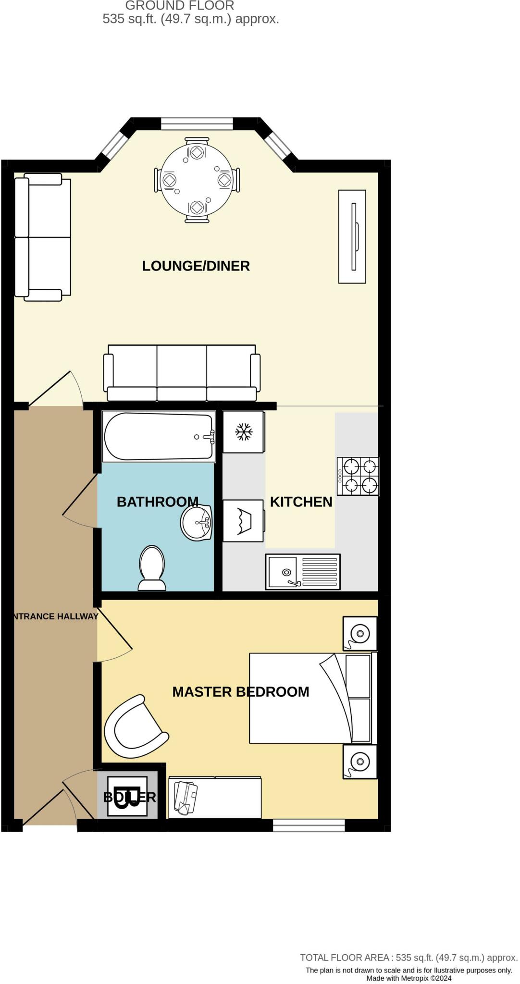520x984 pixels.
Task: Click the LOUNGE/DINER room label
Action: [196, 266]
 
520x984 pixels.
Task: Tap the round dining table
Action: [197, 180]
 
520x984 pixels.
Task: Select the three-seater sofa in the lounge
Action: [182, 373]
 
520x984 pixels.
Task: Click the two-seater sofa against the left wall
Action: [43, 237]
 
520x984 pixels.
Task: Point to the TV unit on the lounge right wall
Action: [352, 236]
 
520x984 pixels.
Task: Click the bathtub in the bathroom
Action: [159, 436]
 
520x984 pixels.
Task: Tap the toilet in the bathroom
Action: [152, 568]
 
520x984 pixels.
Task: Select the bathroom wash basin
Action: [197, 522]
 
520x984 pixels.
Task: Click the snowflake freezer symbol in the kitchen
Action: [244, 432]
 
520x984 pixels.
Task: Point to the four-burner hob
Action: [358, 476]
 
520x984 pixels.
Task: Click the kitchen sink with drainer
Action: [303, 572]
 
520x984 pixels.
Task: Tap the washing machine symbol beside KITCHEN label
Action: [244, 521]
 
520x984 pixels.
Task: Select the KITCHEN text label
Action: [301, 502]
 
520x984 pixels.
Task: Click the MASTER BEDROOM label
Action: [240, 691]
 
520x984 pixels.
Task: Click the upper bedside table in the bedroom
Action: [359, 633]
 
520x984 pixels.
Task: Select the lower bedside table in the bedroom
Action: [359, 761]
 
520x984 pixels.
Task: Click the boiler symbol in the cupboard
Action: [127, 796]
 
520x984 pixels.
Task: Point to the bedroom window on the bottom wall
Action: [309, 825]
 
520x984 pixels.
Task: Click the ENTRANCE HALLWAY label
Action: [55, 616]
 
